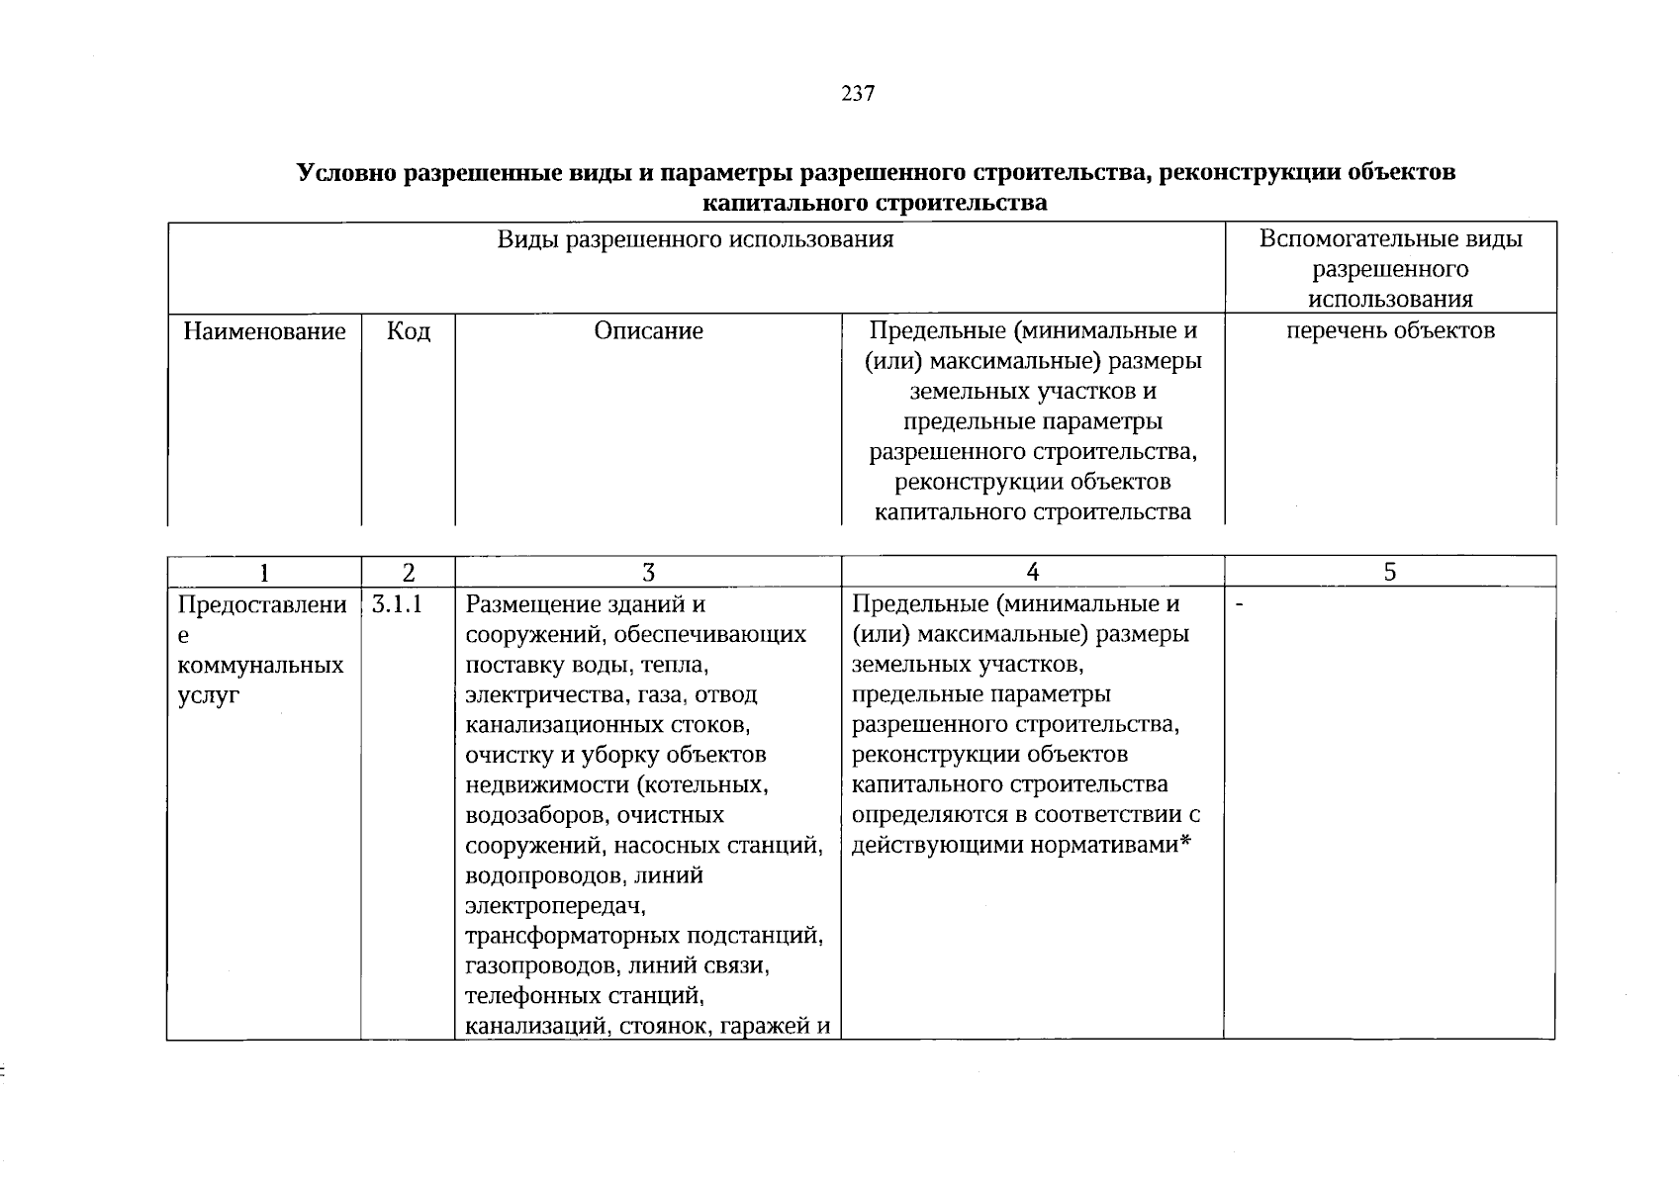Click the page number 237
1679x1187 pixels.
pos(858,94)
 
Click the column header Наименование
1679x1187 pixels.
pos(264,331)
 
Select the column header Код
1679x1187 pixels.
pos(408,331)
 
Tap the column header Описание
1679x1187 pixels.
pos(648,331)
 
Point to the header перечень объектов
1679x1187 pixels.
pos(1390,331)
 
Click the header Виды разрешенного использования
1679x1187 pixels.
pos(695,239)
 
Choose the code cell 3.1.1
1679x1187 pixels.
pos(398,604)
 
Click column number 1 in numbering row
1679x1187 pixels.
pos(263,573)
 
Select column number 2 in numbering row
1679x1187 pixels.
pos(408,573)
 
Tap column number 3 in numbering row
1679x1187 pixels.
pos(648,573)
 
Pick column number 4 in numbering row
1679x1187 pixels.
pos(1032,573)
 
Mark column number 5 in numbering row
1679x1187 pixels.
pos(1389,573)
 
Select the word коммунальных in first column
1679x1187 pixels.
pos(260,665)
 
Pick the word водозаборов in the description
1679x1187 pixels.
pos(536,816)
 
